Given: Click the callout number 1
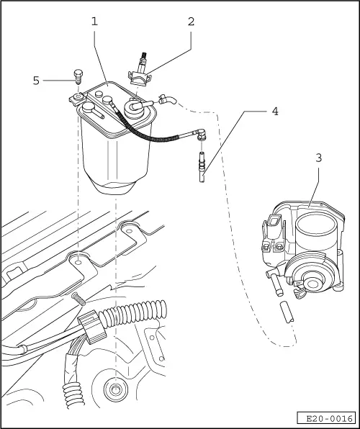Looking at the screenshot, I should click(x=94, y=21).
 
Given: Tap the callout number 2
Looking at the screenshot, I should click(x=191, y=21).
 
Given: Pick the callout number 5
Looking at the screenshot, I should click(x=35, y=80).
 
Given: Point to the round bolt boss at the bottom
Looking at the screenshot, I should click(x=114, y=391).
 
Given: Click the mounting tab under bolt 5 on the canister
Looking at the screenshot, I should click(x=76, y=98).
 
